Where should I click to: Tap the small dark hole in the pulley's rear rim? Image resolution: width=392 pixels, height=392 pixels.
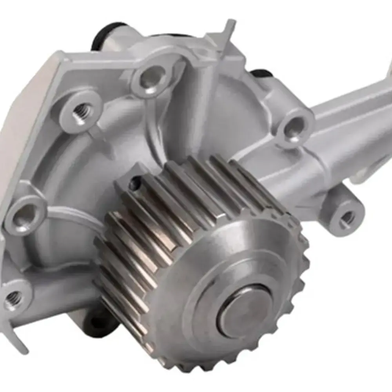[x=135, y=183]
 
